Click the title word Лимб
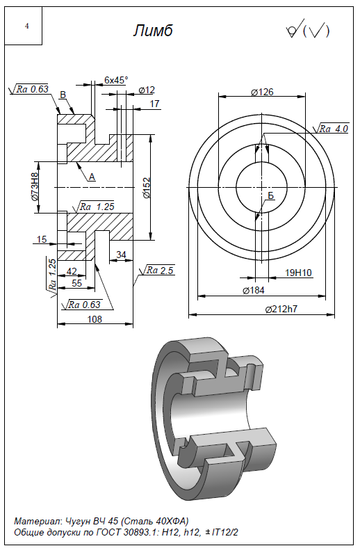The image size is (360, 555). click(153, 31)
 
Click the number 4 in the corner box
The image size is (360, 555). click(27, 26)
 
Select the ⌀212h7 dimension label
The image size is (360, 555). click(281, 309)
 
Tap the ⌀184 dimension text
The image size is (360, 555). click(253, 290)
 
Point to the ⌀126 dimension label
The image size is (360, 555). click(262, 92)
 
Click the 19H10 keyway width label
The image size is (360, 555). click(298, 273)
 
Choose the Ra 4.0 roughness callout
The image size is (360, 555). click(332, 129)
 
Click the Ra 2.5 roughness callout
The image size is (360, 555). click(157, 271)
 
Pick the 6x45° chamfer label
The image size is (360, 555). click(116, 80)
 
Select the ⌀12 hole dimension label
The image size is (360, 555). click(147, 90)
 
